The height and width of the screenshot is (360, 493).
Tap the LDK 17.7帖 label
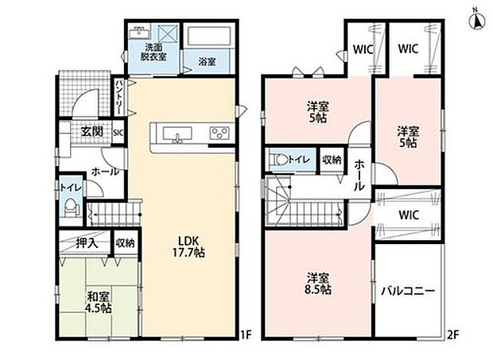tap(188, 246)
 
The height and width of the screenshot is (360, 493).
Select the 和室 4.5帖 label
tap(99, 302)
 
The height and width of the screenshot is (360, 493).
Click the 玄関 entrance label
tap(91, 132)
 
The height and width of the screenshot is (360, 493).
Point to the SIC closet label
tap(118, 133)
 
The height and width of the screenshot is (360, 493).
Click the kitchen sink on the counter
tap(177, 134)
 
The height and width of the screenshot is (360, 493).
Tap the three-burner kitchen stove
tap(219, 134)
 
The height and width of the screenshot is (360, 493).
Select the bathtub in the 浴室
tap(209, 37)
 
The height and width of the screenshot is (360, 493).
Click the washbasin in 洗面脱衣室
tap(139, 32)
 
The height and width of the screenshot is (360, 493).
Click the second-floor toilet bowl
tap(278, 159)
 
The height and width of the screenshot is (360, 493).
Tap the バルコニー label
tap(408, 291)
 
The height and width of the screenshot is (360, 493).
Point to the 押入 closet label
tap(87, 243)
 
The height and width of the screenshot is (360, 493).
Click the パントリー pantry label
tap(120, 97)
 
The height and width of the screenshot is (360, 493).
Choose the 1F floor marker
tap(246, 335)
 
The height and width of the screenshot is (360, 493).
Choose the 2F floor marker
tap(452, 335)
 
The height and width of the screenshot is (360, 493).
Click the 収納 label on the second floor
tap(332, 160)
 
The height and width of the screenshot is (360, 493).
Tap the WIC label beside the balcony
tap(409, 215)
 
